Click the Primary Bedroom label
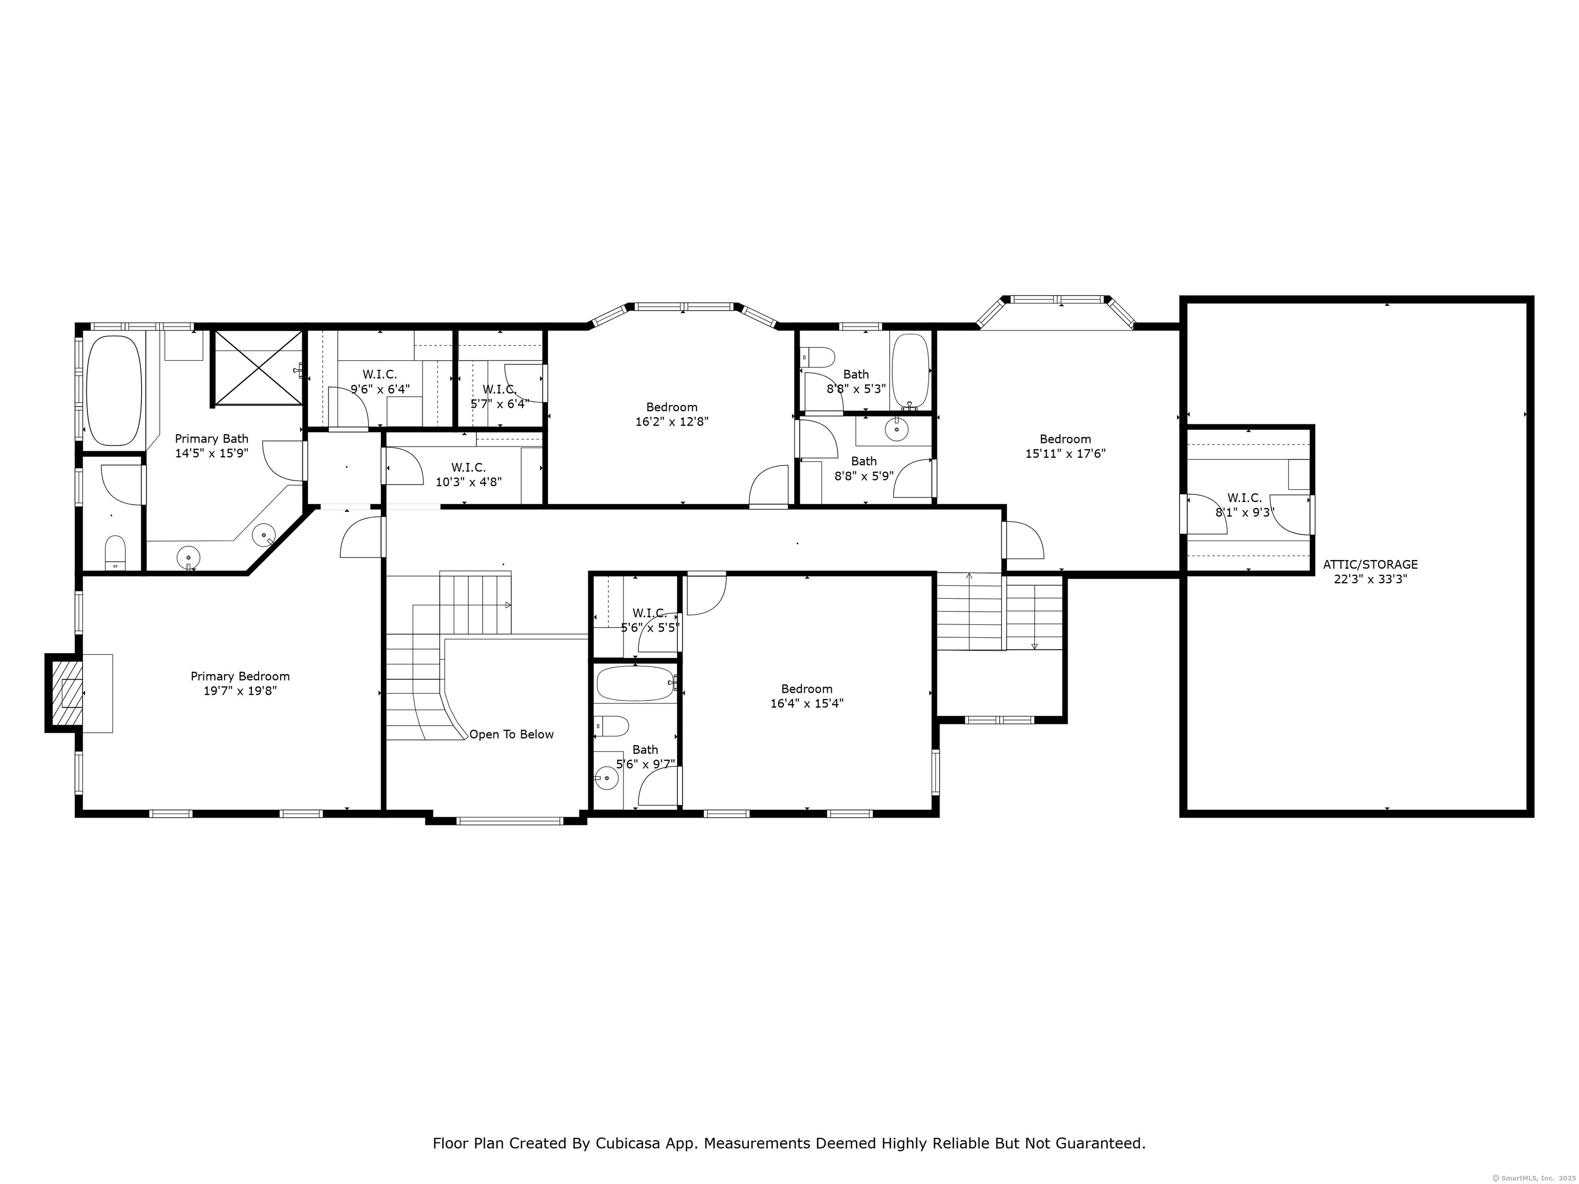[240, 676]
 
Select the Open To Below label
[511, 734]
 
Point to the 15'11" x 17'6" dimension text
[1065, 453]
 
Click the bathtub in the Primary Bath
[114, 391]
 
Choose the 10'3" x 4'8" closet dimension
[469, 482]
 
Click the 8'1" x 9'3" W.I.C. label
[1245, 505]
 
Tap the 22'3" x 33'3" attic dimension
[1370, 579]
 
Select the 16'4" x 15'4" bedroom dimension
[806, 703]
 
